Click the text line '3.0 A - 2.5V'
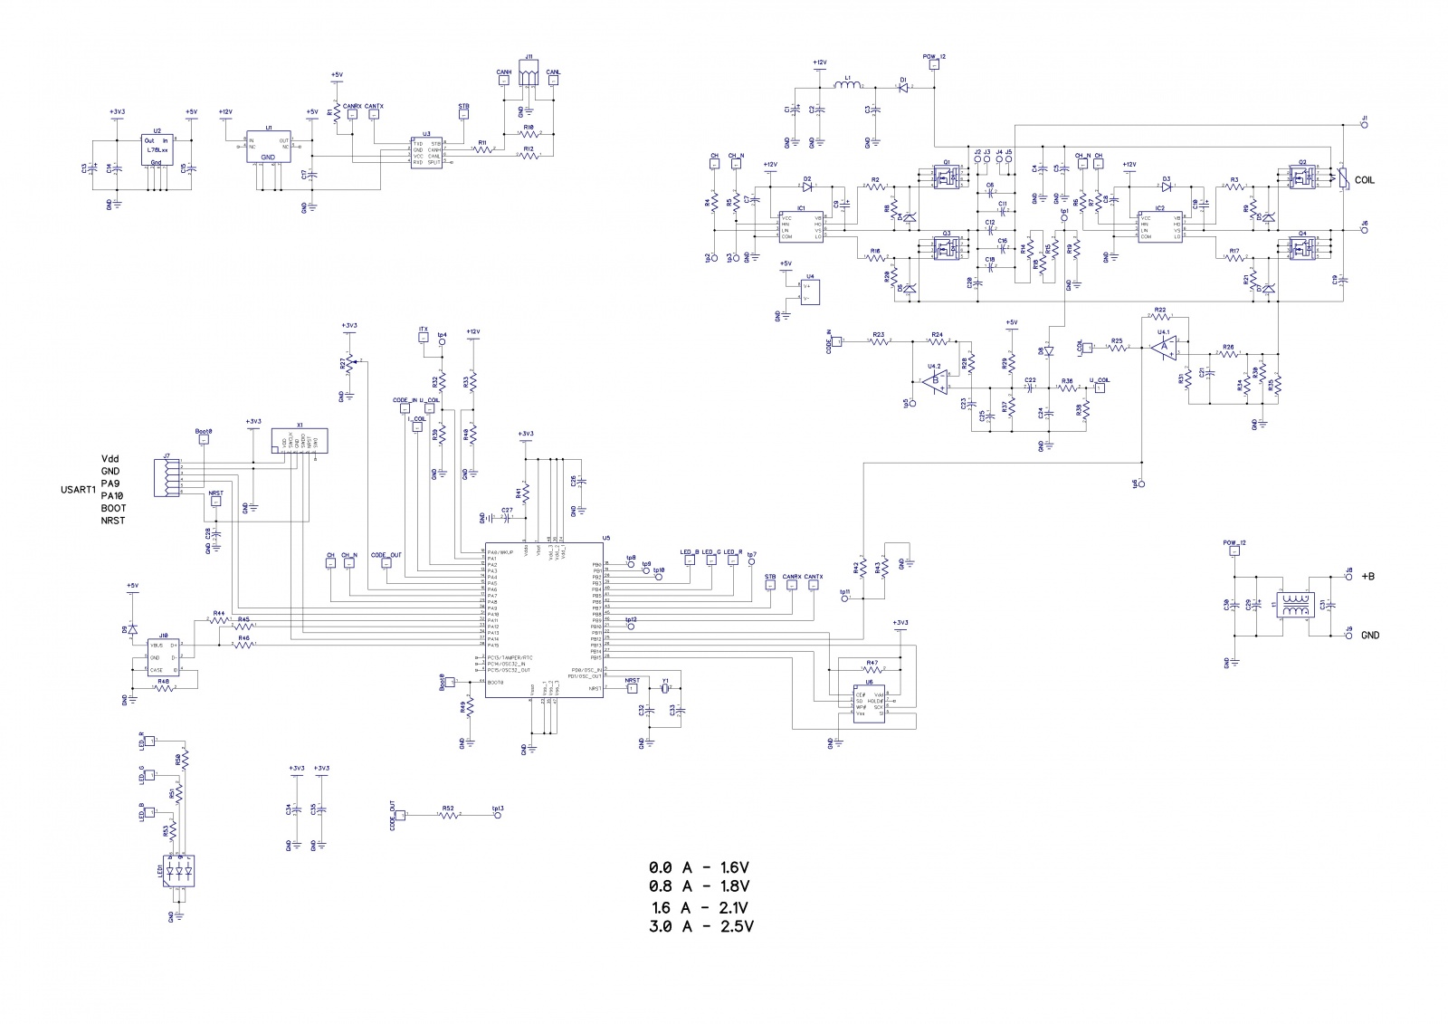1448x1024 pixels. (x=701, y=926)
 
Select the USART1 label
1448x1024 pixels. (x=75, y=490)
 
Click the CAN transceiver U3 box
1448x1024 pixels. (x=425, y=152)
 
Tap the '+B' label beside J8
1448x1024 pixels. (x=1369, y=576)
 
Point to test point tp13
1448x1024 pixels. (x=498, y=815)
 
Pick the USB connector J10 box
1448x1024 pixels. (x=164, y=656)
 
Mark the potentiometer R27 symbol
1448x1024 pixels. (x=349, y=365)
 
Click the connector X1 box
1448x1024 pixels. (x=300, y=442)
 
